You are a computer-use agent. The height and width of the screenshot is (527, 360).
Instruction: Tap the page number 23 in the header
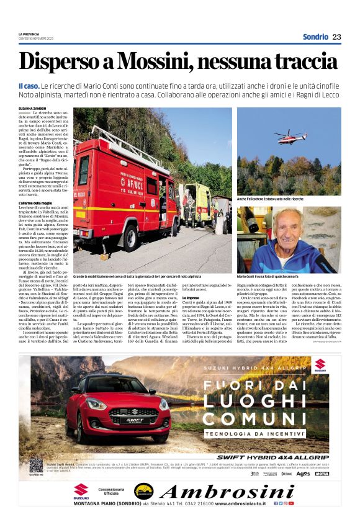point(336,37)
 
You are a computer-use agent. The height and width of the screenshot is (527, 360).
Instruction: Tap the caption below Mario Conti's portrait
point(268,276)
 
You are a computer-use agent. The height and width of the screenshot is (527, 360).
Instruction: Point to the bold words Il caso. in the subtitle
point(29,84)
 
